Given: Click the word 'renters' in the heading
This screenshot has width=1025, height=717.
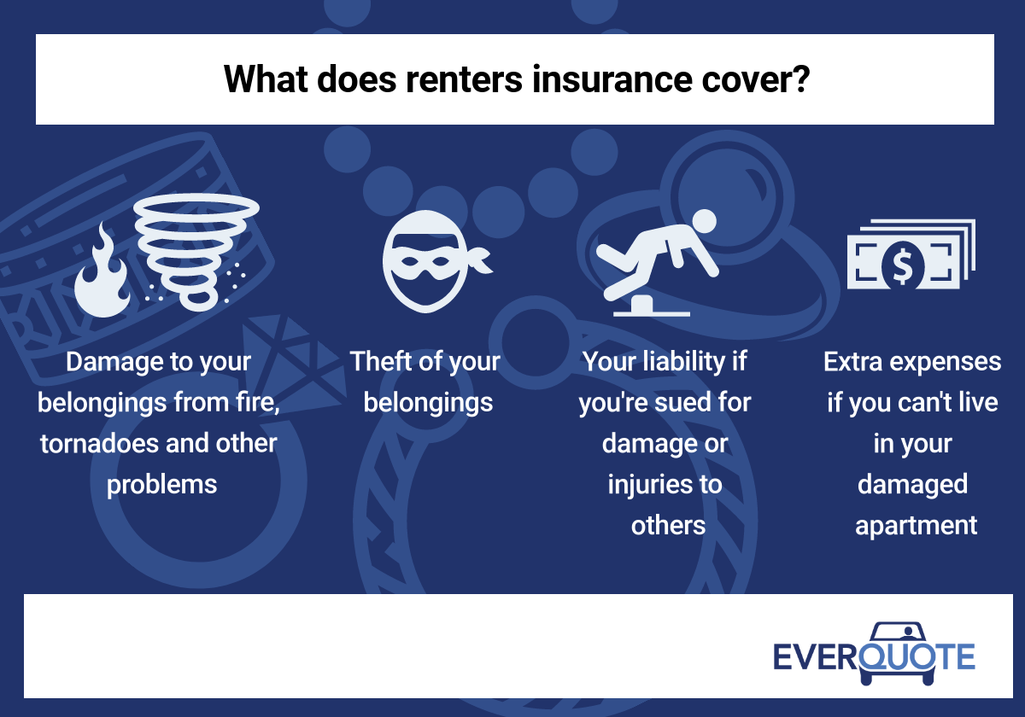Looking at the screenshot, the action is [464, 80].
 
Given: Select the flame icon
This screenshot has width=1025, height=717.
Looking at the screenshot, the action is [102, 271].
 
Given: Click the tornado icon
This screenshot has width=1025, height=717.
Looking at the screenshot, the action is [196, 251].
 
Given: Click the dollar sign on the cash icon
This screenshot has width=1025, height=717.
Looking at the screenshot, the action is [902, 266].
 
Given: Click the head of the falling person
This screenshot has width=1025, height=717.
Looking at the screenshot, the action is [704, 221].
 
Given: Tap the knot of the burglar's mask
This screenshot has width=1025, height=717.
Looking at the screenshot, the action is [479, 259].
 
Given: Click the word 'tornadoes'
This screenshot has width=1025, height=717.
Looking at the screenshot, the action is [99, 443].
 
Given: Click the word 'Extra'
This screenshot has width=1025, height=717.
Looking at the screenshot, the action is [853, 362].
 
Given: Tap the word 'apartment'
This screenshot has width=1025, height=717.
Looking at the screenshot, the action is [916, 526].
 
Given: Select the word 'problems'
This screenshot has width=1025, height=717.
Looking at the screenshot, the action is [161, 485].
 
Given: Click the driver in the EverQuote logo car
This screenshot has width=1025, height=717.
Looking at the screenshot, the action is [908, 632].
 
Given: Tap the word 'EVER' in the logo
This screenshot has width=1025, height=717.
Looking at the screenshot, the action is [815, 656].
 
